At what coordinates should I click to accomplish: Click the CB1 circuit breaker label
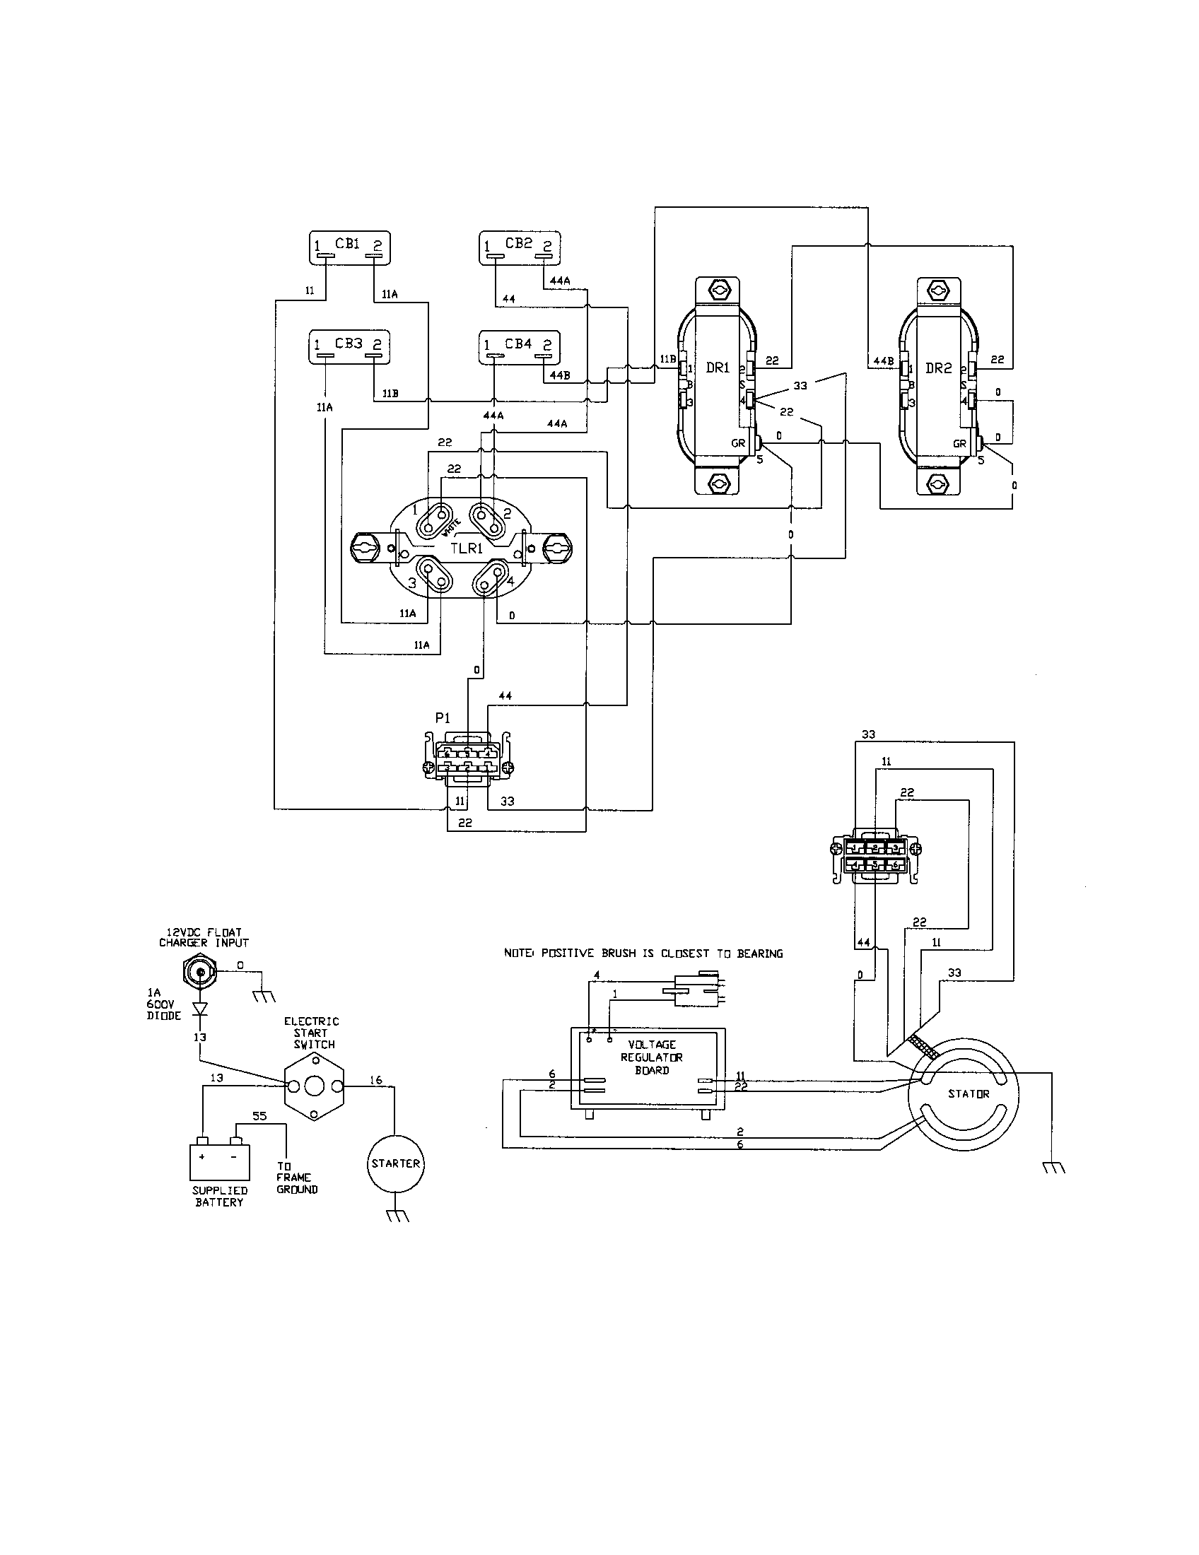pos(348,244)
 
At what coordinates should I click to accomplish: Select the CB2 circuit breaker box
pos(519,249)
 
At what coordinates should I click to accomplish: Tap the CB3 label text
pos(348,344)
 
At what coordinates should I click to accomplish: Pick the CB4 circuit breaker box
pos(519,348)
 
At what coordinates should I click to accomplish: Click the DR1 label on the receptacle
pos(718,368)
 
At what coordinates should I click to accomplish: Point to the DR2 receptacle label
pos(938,368)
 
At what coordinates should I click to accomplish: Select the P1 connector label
pos(442,718)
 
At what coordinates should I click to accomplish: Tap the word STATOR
pos(969,1093)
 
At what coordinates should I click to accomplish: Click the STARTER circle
pos(396,1163)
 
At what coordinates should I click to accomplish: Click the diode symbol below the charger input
pos(200,1008)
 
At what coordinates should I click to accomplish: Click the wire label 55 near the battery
pos(259,1116)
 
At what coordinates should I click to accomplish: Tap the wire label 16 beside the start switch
pos(375,1080)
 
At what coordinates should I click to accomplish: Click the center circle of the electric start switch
pos(314,1087)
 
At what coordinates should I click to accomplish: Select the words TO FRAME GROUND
pos(296,1178)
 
